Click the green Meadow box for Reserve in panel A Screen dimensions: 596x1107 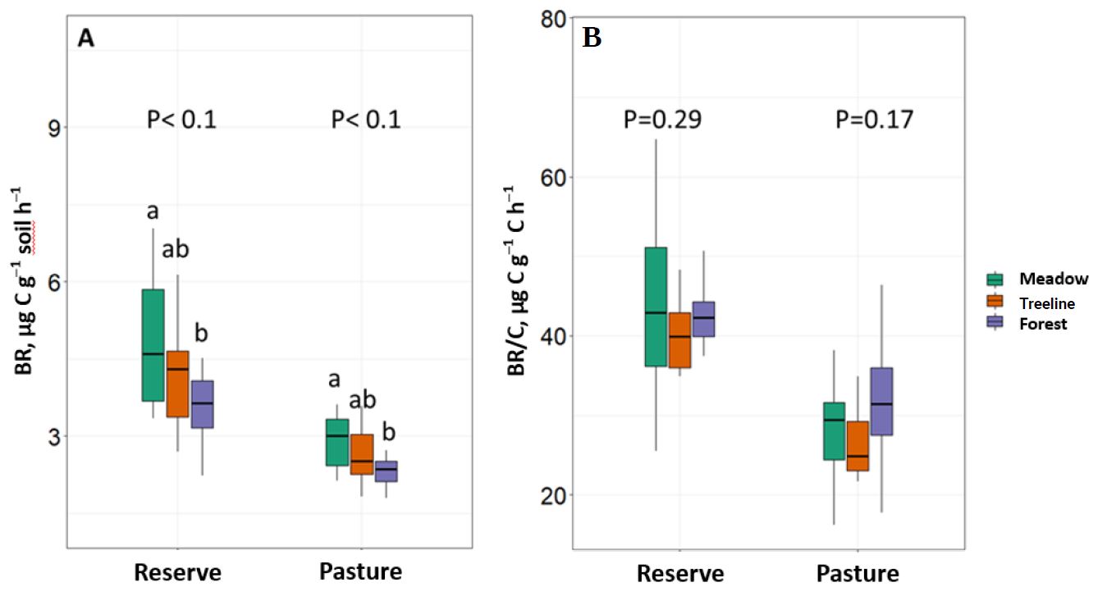[x=153, y=345]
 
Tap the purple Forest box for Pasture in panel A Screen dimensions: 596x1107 [x=386, y=471]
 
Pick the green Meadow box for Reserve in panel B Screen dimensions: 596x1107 [x=656, y=307]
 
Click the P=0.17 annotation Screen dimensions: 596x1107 [x=874, y=121]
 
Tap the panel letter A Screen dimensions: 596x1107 [x=85, y=39]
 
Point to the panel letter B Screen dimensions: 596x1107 [x=591, y=39]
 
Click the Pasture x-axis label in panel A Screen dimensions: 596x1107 [x=361, y=571]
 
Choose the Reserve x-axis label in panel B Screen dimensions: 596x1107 [x=680, y=573]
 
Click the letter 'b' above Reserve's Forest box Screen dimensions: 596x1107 [x=201, y=334]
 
